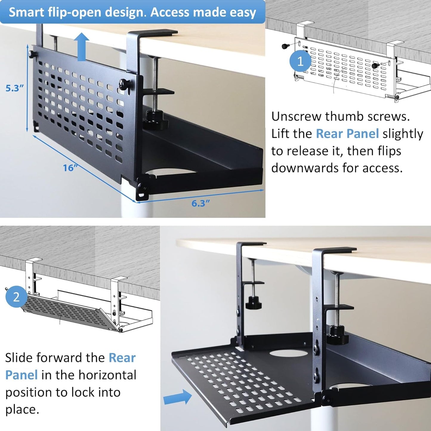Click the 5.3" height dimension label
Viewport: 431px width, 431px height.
(x=14, y=88)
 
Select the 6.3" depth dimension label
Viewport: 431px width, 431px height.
(x=200, y=203)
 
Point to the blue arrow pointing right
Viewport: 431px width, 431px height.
(x=178, y=397)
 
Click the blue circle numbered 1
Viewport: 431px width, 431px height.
(x=300, y=61)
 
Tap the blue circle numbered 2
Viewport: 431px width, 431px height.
(x=16, y=296)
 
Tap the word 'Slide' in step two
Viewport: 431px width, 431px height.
(x=20, y=357)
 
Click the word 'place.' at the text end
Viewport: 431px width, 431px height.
(x=22, y=409)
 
